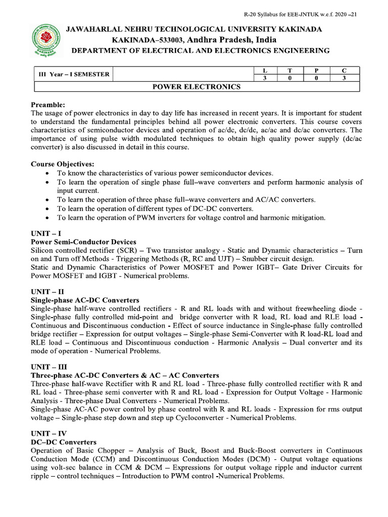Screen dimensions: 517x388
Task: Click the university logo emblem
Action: coord(45,40)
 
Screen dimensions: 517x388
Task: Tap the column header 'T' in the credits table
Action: coord(289,71)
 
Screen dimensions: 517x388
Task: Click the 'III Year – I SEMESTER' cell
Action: coord(74,74)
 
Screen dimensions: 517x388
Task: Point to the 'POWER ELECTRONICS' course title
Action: coord(197,87)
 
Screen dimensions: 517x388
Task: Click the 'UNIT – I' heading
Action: coord(46,233)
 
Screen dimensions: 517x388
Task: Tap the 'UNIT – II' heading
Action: coord(47,292)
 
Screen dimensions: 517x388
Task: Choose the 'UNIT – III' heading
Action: coord(49,367)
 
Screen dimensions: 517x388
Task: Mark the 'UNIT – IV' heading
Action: coord(48,434)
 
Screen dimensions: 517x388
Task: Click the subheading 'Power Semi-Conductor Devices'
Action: coord(83,242)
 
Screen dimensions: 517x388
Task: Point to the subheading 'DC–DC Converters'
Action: coord(64,442)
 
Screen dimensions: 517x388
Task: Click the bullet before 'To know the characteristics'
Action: coord(47,173)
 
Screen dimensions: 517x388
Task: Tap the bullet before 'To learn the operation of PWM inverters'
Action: coord(47,218)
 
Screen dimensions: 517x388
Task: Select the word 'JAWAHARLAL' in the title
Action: coord(96,29)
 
